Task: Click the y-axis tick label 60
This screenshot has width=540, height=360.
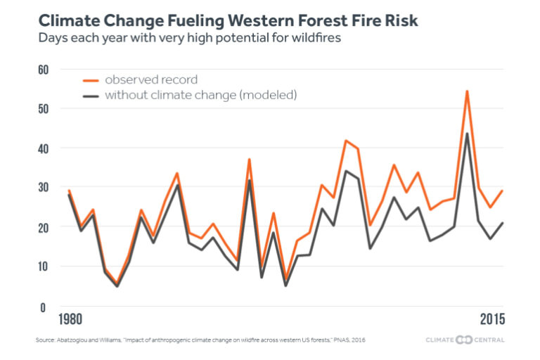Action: tap(43, 70)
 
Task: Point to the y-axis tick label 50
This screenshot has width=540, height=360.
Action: tap(43, 109)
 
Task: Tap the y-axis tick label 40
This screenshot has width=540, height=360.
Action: tap(43, 148)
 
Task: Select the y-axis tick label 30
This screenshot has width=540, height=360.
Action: tap(43, 188)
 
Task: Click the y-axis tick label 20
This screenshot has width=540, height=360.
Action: tap(43, 227)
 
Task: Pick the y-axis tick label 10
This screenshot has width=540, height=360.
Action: tap(43, 266)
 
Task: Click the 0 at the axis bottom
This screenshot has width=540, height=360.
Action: tap(43, 307)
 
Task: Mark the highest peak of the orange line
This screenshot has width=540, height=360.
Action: tap(467, 91)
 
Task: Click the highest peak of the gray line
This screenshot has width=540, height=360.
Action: tap(467, 134)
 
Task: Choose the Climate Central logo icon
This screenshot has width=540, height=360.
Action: tap(465, 341)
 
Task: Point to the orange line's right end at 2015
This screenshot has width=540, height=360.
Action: tap(503, 191)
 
